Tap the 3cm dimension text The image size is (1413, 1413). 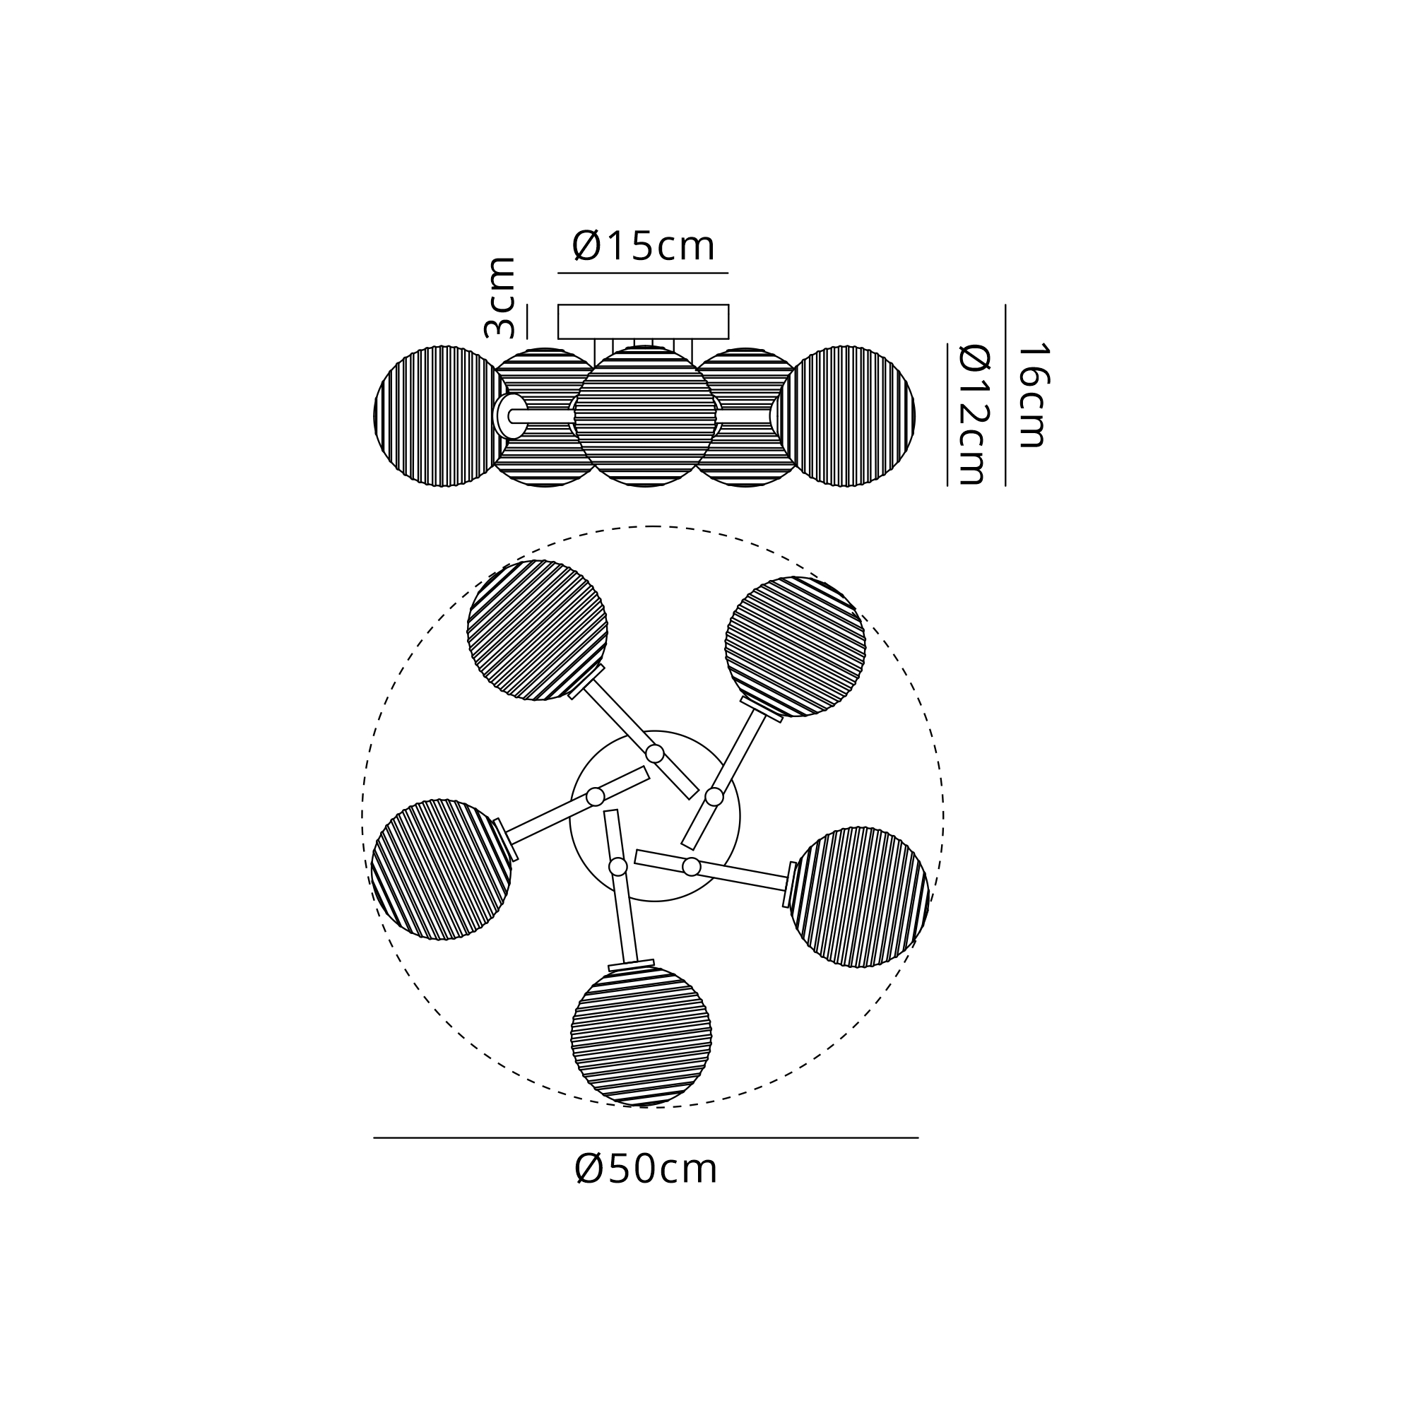500,297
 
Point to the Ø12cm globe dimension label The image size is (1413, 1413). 974,415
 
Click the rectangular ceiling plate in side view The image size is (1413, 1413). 644,321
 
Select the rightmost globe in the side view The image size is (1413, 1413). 846,416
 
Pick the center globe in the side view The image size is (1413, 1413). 645,416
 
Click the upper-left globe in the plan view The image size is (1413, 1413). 538,630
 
